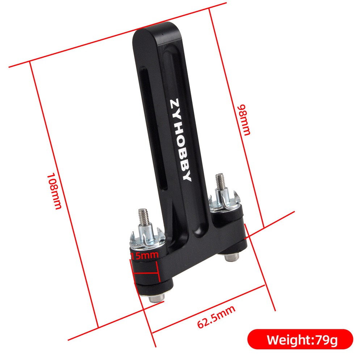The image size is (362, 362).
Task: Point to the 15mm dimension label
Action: (144, 256)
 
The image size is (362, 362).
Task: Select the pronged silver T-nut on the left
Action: (146, 239)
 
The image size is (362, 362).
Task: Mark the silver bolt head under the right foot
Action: (231, 257)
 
